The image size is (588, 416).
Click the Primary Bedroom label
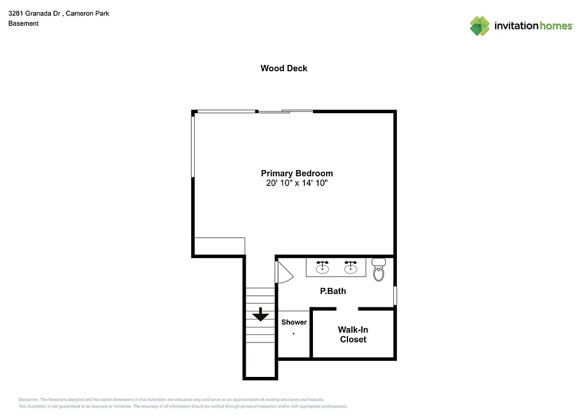click(x=296, y=173)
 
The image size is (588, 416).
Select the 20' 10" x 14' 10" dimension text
click(x=296, y=183)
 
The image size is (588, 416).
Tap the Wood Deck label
click(x=284, y=68)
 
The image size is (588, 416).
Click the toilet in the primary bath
click(x=378, y=269)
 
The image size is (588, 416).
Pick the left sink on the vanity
click(x=323, y=267)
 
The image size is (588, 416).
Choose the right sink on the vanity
click(x=350, y=267)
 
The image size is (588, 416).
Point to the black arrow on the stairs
click(x=261, y=314)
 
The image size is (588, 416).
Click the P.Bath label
click(x=332, y=291)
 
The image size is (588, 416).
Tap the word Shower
click(x=293, y=322)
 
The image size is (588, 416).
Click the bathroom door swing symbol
click(x=284, y=271)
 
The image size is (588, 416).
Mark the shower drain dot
click(x=294, y=334)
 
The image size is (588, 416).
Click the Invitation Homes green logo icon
click(x=479, y=26)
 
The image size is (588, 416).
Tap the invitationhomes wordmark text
click(x=533, y=26)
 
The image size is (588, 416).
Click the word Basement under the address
click(x=24, y=24)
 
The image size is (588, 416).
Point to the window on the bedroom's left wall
click(x=194, y=145)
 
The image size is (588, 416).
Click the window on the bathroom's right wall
click(x=394, y=295)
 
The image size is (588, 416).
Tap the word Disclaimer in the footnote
click(x=29, y=399)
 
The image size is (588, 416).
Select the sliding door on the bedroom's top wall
click(x=285, y=111)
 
